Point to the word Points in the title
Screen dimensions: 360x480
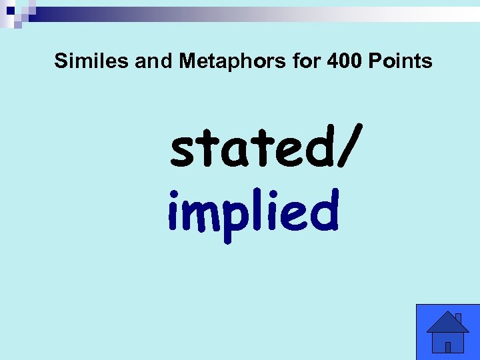click(401, 62)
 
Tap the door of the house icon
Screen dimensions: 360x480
click(448, 347)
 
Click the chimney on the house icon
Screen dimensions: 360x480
click(458, 318)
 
